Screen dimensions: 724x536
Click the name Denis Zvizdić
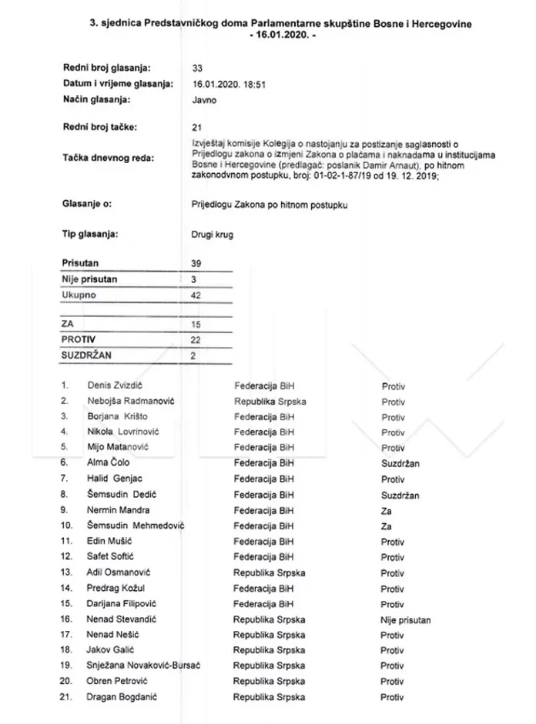coord(117,385)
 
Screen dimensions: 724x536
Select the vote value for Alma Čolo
coord(400,464)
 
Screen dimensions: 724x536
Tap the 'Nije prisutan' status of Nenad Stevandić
coord(405,619)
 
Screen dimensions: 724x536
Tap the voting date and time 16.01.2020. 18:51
coord(228,84)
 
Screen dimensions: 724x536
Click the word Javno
coord(203,99)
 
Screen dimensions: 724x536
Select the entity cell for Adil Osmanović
coord(270,572)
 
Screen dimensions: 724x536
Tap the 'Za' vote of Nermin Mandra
coord(387,510)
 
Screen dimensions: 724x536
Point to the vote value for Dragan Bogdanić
coord(393,697)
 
